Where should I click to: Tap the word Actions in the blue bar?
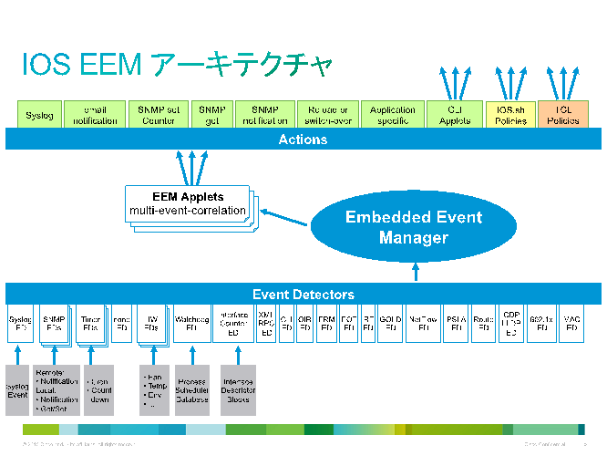[303, 140]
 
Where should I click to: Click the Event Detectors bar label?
[303, 294]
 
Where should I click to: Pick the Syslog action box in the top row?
[39, 114]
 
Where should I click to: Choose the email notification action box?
[95, 114]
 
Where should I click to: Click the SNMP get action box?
[212, 114]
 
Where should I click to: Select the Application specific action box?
[393, 114]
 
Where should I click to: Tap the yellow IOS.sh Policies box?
[510, 114]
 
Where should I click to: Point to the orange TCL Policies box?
[563, 114]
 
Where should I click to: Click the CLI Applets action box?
[454, 114]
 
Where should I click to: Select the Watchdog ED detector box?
[190, 323]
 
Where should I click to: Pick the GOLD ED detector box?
[390, 323]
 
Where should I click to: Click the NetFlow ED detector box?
[423, 323]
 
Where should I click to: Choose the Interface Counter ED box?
[234, 323]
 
